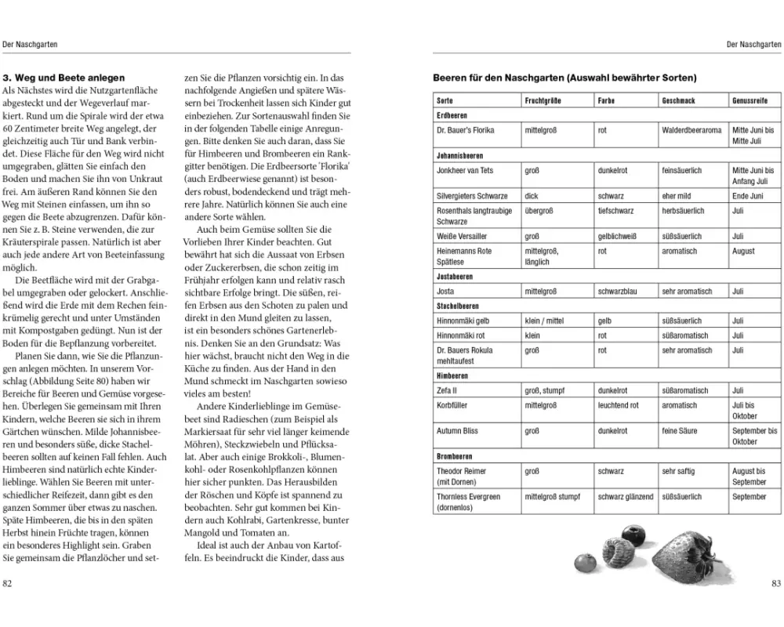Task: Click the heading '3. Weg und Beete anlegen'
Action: tap(64, 78)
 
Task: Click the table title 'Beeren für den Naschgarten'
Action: tap(564, 78)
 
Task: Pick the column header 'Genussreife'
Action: tap(750, 101)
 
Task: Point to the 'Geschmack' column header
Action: tap(678, 101)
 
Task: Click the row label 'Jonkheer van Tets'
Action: tap(465, 170)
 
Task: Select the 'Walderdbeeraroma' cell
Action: tap(691, 130)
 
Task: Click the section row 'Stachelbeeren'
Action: tap(458, 306)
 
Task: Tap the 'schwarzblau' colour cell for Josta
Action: tap(621, 292)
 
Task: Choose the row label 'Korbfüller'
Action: tap(452, 405)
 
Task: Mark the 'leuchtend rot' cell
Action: tap(618, 405)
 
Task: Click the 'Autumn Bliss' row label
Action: tap(457, 431)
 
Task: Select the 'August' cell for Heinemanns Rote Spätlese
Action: tap(743, 251)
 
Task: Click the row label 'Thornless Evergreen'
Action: tap(468, 496)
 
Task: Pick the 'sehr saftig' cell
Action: tap(678, 471)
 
